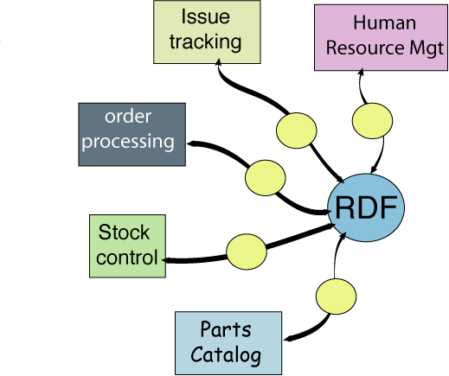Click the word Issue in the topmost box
coord(206,16)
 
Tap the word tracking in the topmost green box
coord(206,41)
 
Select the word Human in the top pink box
coord(384,23)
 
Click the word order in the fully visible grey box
coord(127,117)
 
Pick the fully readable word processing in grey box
coord(128,141)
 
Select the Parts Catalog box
coord(228,342)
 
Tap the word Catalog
coord(226,354)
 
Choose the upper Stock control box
coord(127,245)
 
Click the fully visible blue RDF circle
coord(366,208)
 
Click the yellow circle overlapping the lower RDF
coord(336,294)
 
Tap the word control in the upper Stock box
coord(127,258)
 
